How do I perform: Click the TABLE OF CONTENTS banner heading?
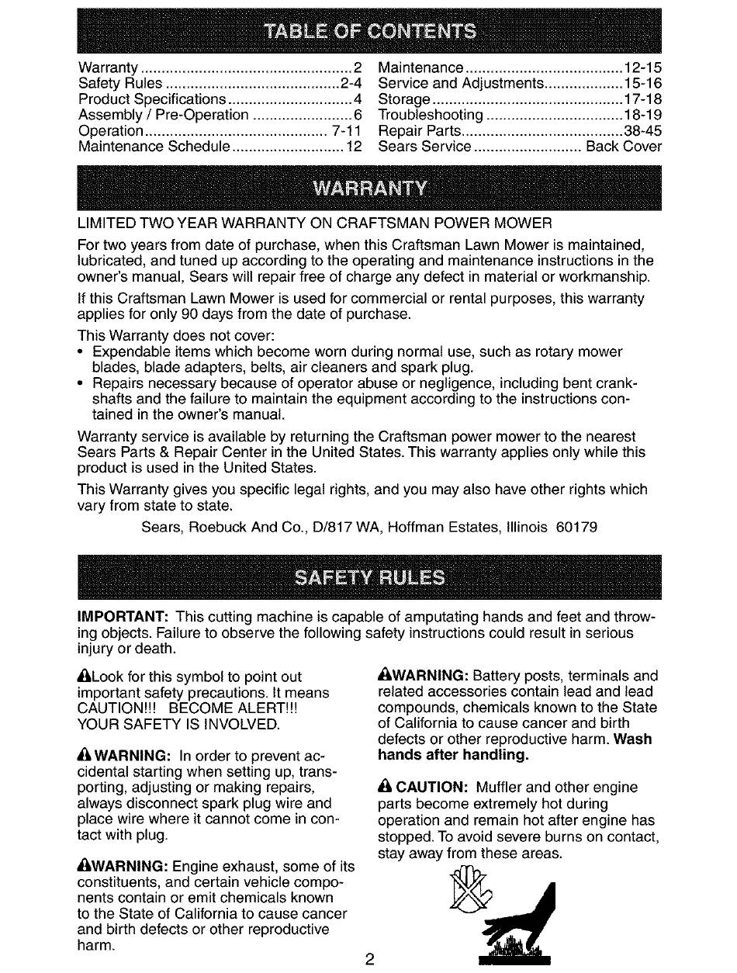pos(370,32)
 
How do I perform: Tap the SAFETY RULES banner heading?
pos(369,578)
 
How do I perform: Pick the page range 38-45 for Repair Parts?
pos(643,130)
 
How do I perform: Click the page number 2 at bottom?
pos(370,958)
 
